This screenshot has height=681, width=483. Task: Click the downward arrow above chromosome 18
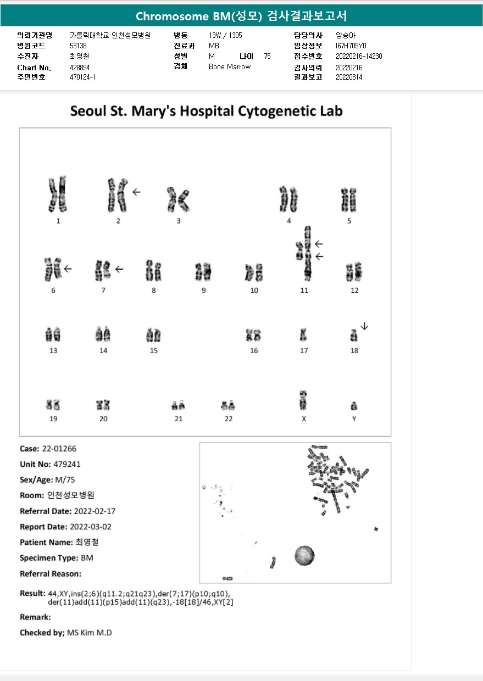[x=365, y=326]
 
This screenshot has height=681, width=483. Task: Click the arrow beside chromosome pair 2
[x=136, y=192]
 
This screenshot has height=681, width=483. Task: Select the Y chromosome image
[x=354, y=406]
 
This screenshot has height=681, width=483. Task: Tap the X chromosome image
[x=303, y=400]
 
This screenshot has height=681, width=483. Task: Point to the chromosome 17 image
[x=303, y=334]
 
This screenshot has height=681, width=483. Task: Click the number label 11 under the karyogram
[x=304, y=291]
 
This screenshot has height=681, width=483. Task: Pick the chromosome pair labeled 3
[x=177, y=199]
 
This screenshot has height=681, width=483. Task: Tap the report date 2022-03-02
[x=93, y=527]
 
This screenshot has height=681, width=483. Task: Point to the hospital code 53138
[x=79, y=46]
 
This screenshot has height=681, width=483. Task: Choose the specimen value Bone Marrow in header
[x=230, y=66]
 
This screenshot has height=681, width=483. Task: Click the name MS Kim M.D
[x=89, y=633]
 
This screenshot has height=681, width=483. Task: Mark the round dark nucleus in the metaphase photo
[x=304, y=555]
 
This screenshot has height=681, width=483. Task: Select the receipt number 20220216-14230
[x=359, y=56]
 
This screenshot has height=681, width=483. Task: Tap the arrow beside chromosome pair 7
[x=119, y=269]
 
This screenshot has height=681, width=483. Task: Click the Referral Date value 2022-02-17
[x=93, y=511]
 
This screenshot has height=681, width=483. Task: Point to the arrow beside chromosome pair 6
[x=68, y=269]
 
